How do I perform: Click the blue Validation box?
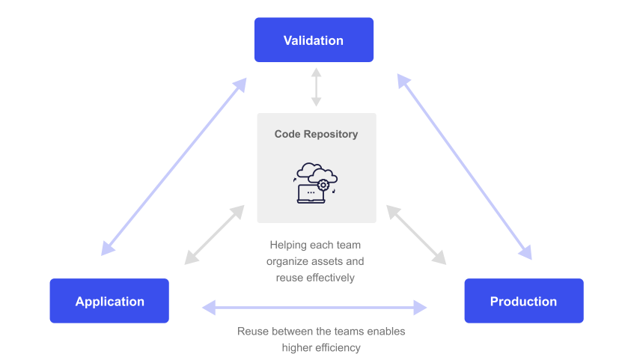click(x=314, y=40)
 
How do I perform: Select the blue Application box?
click(x=109, y=301)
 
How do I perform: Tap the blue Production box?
click(x=523, y=301)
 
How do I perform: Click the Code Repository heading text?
click(x=316, y=134)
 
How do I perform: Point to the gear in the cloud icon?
click(x=323, y=184)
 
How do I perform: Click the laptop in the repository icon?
click(x=311, y=194)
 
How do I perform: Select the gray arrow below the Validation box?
click(x=317, y=87)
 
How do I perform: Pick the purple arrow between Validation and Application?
click(x=174, y=165)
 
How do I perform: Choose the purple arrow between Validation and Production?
click(x=464, y=165)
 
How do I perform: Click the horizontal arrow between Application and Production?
click(x=314, y=306)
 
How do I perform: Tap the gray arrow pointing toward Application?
click(x=215, y=234)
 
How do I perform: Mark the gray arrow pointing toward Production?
click(x=416, y=234)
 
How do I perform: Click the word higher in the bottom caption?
click(x=296, y=347)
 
